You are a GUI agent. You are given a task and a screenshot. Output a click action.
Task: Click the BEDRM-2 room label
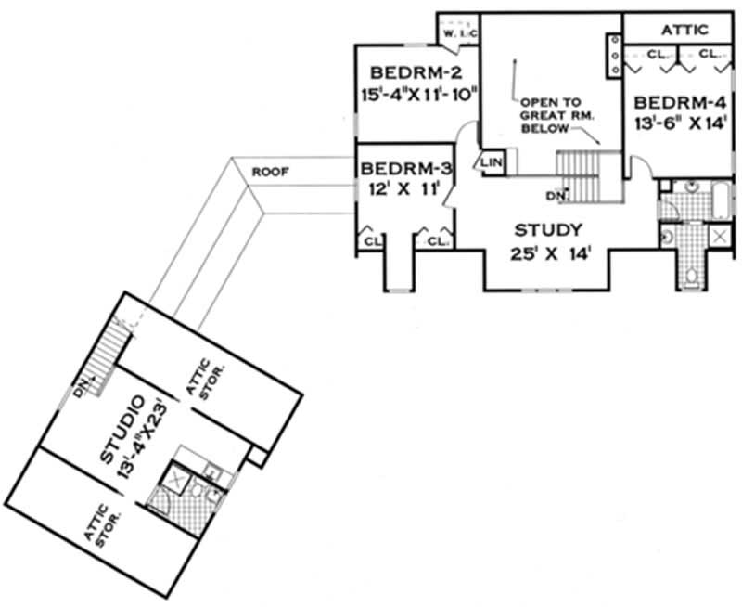[410, 73]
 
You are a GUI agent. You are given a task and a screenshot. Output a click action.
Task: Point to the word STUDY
[549, 229]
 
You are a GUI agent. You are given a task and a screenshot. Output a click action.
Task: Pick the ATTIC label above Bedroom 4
[684, 30]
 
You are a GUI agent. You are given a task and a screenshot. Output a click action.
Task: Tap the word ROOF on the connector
[270, 172]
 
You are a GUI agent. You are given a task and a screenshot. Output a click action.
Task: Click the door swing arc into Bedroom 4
[639, 167]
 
